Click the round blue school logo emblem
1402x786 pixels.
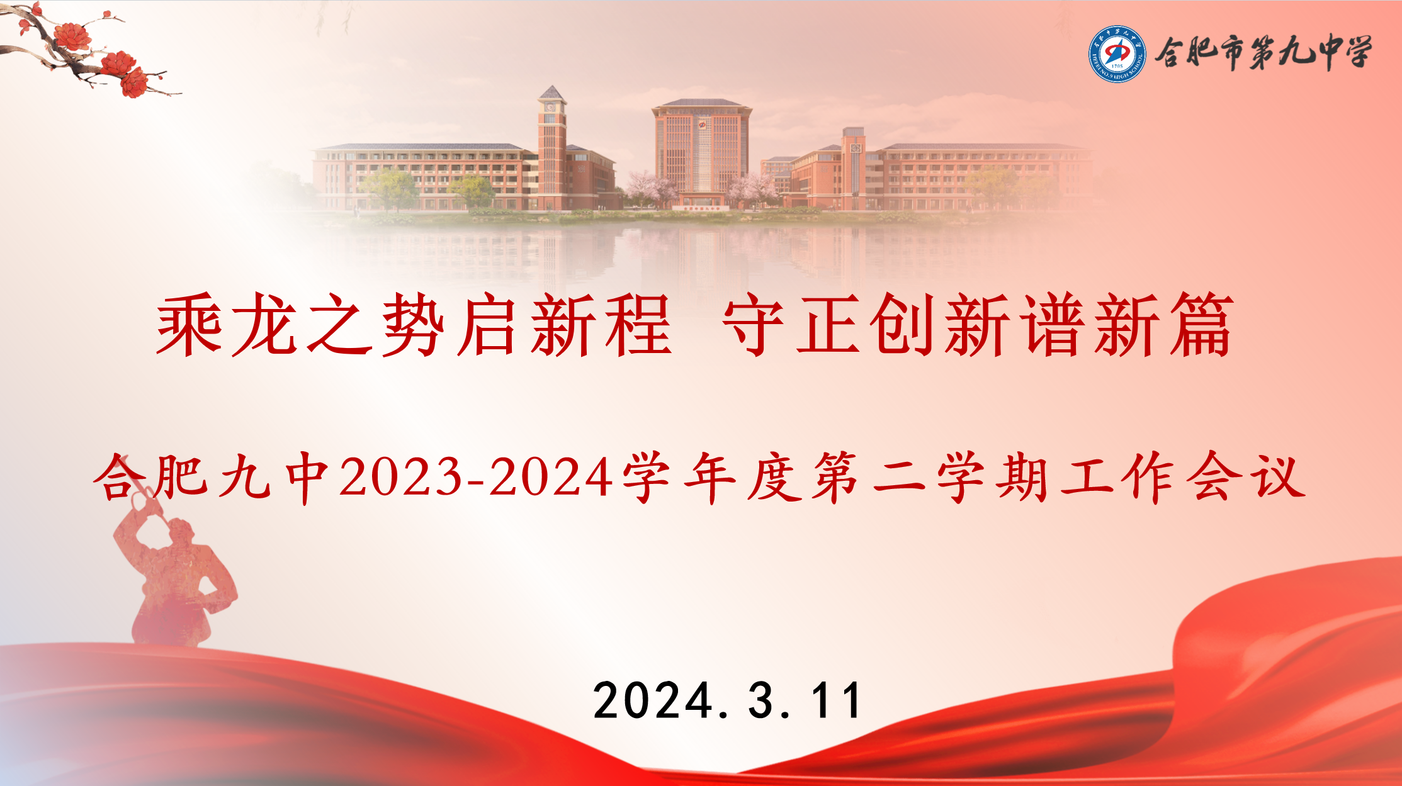1117,53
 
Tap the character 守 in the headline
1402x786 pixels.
754,325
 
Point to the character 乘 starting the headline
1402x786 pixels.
189,325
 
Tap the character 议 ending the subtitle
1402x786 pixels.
1278,477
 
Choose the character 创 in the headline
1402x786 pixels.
902,325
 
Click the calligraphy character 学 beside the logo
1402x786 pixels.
1354,52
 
